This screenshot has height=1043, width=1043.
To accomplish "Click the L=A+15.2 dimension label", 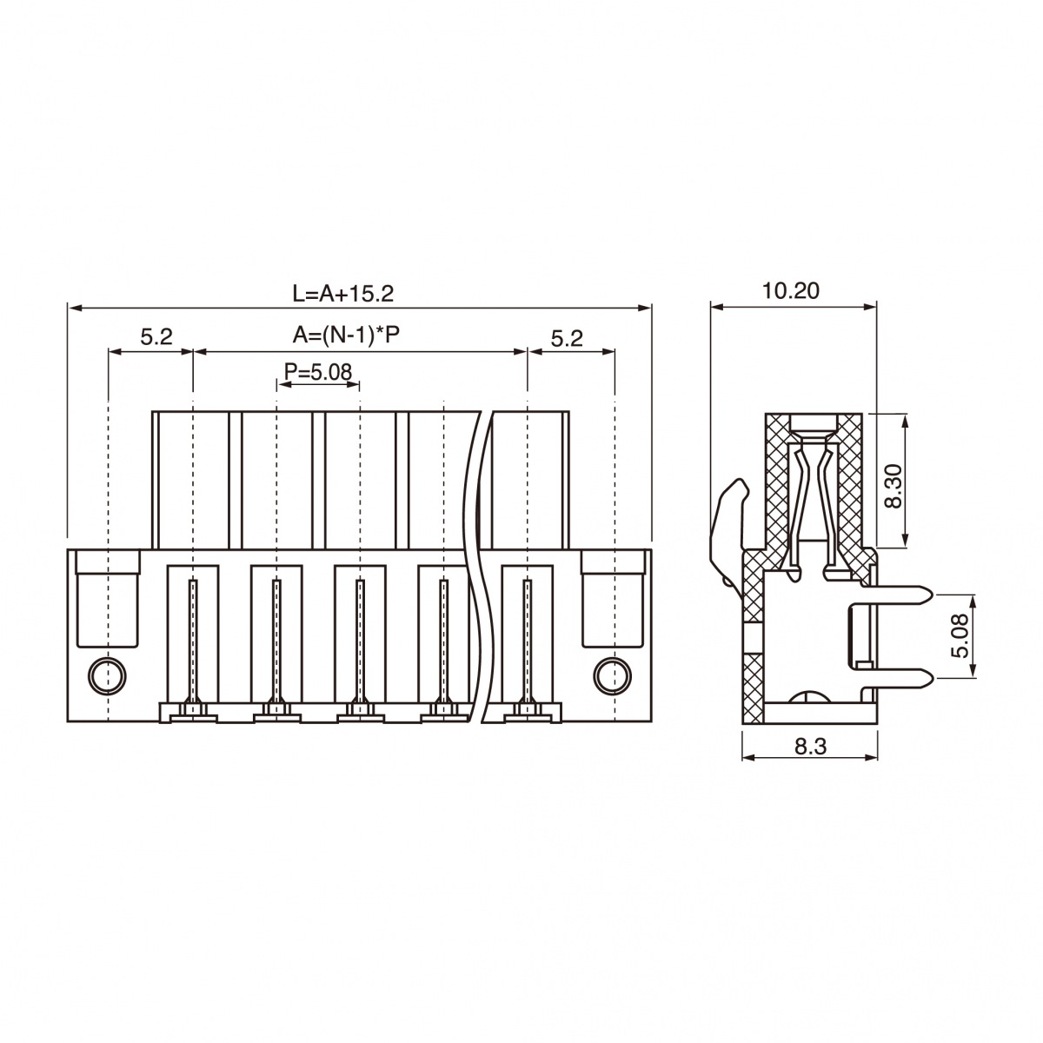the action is [x=343, y=294].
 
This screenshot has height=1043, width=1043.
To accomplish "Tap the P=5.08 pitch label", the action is [x=318, y=371].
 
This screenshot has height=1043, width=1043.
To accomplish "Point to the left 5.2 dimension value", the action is [x=156, y=336].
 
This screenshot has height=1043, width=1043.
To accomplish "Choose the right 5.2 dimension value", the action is [x=567, y=339].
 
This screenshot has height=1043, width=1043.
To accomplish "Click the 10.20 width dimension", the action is [x=791, y=291].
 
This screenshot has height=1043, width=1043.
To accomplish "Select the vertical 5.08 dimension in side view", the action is [x=960, y=634].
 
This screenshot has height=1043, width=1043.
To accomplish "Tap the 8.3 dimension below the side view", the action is [x=811, y=747].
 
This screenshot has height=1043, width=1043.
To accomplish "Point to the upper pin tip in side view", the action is [x=931, y=595].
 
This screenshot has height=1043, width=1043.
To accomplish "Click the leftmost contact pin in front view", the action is [x=193, y=644].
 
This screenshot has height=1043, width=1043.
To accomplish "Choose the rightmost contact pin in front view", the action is [x=528, y=644].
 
